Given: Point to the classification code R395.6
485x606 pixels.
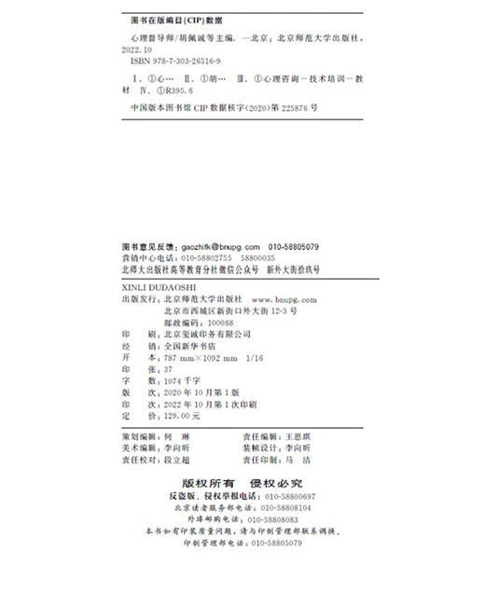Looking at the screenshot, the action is coord(173,92).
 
